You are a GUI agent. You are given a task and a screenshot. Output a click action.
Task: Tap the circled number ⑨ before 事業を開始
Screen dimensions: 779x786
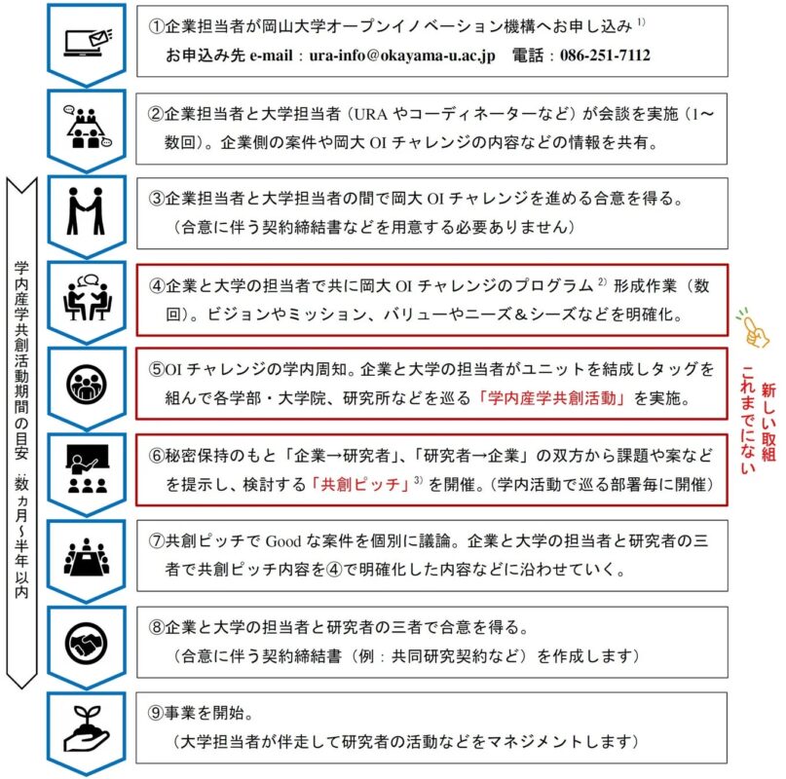point(156,713)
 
